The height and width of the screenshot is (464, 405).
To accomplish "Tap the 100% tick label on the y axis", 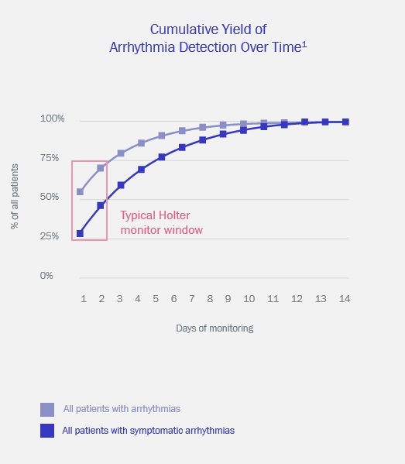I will pos(53,119).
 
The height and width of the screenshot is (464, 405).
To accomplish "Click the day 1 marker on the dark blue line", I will pos(80,233).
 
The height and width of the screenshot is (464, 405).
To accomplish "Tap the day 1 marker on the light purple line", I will pos(80,191).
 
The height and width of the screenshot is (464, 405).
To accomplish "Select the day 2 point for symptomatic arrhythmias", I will pos(101,205).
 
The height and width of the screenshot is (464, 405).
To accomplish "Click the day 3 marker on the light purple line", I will pos(121,153).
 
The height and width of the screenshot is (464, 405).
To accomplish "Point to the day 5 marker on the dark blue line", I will pos(162,156).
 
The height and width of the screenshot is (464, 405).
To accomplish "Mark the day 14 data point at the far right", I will pos(345,122).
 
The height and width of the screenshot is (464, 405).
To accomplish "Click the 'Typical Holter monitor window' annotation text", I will pos(161,222).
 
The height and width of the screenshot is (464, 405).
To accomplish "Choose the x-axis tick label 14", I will pos(345,299).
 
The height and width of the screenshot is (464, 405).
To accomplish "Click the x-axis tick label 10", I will pos(249,299).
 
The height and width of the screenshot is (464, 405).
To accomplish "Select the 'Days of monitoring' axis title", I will pos(215,328).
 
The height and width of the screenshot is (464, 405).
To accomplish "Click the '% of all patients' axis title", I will pos(15,198).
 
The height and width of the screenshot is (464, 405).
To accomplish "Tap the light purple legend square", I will pos(47,409).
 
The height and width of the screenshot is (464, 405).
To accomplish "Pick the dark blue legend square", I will pos(47,430).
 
